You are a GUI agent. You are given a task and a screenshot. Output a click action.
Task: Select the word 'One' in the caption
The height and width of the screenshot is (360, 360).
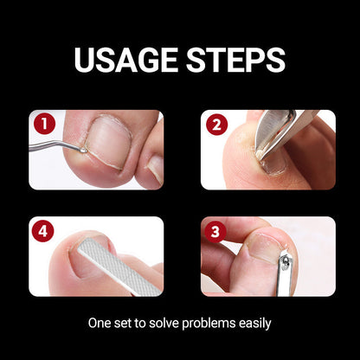coord(100,324)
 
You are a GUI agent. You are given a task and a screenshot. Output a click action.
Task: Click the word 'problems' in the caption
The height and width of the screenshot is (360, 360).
coord(202,324)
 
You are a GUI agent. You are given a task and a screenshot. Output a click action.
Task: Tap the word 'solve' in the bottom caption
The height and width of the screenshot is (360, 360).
coord(158,324)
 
